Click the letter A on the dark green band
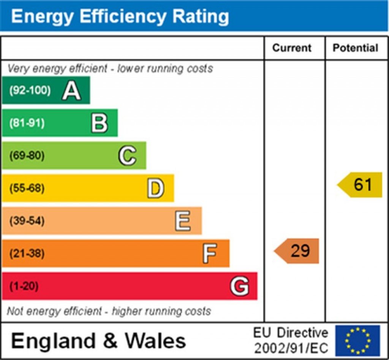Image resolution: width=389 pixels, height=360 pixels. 71,90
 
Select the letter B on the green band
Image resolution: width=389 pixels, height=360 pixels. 100,123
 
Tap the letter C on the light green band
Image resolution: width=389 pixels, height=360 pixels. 127,155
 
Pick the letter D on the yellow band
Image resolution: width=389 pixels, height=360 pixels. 155,188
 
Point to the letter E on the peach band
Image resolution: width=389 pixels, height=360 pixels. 183,221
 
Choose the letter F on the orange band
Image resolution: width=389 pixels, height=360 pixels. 210,254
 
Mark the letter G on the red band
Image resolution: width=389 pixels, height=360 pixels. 239,286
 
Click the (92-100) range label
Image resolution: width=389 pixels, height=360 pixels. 30,90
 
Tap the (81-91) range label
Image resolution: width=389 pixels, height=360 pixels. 27,123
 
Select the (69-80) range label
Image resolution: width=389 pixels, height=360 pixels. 27,155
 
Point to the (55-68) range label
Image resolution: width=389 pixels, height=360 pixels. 27,188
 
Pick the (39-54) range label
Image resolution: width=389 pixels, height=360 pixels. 27,221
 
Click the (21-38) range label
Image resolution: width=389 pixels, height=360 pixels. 27,254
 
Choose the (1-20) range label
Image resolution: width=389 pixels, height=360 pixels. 24,286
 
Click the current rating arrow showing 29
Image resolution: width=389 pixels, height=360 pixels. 296,251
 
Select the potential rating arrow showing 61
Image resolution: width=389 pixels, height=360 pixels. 360,185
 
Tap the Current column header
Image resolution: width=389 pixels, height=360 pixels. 292,48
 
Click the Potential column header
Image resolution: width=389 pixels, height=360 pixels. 355,48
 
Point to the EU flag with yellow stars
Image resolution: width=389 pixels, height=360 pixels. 358,341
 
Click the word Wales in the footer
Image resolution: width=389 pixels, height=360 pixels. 155,341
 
